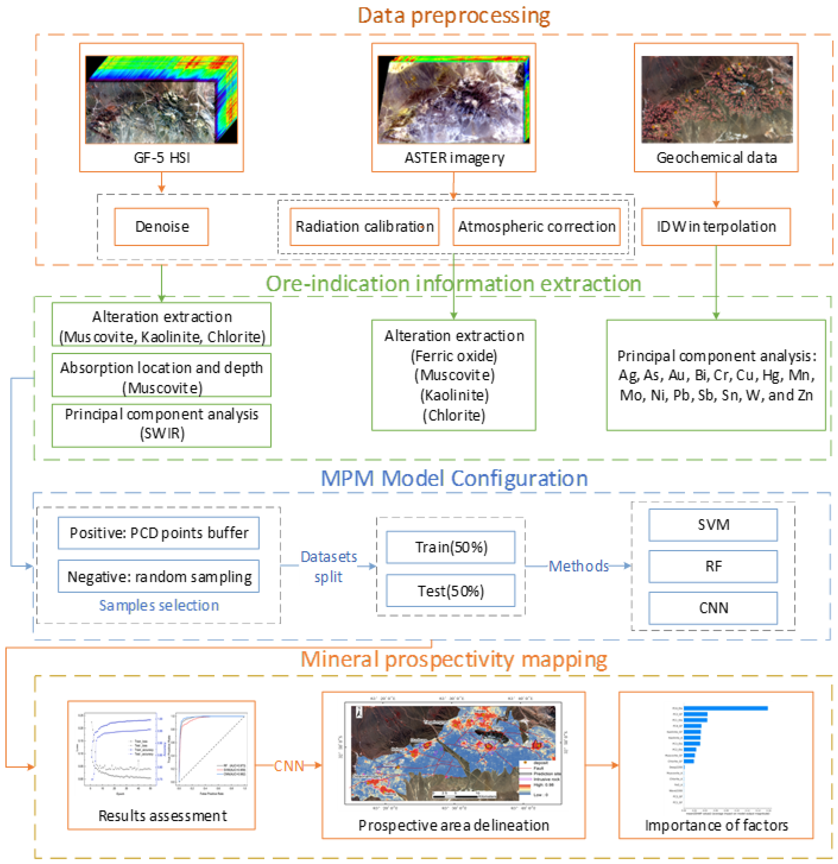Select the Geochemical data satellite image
click(716, 100)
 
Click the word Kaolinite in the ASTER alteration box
click(454, 395)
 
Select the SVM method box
click(713, 525)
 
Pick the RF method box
click(713, 566)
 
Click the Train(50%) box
click(451, 547)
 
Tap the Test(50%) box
click(451, 591)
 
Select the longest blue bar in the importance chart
click(725, 708)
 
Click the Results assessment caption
click(162, 816)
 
